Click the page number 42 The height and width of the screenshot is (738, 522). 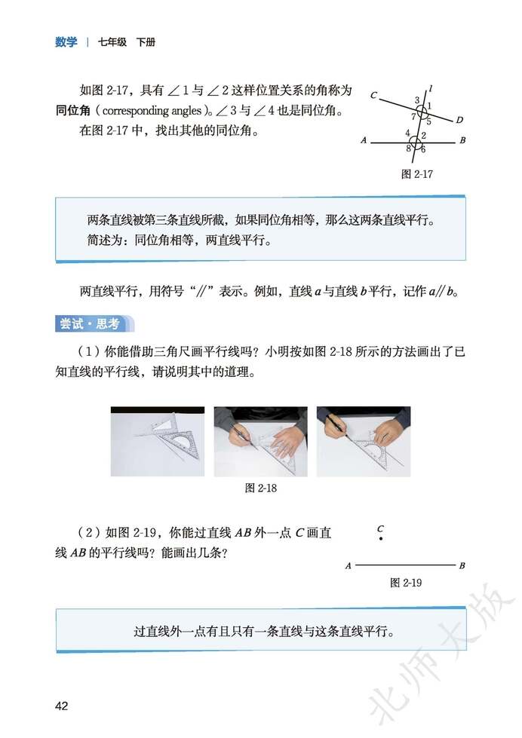61,706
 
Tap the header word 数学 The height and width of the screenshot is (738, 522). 66,42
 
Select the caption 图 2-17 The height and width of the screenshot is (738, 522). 417,173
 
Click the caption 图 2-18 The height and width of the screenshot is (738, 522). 262,488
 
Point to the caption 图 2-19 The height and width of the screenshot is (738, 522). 405,583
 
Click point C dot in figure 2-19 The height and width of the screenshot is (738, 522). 382,539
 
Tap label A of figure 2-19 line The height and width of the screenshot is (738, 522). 349,565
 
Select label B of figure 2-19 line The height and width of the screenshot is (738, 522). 462,565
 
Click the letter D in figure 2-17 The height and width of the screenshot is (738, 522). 459,121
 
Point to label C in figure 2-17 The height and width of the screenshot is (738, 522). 373,96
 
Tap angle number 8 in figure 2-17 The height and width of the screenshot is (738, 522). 408,149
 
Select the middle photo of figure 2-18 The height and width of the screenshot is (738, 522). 260,441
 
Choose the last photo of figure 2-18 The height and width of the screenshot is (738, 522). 364,441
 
